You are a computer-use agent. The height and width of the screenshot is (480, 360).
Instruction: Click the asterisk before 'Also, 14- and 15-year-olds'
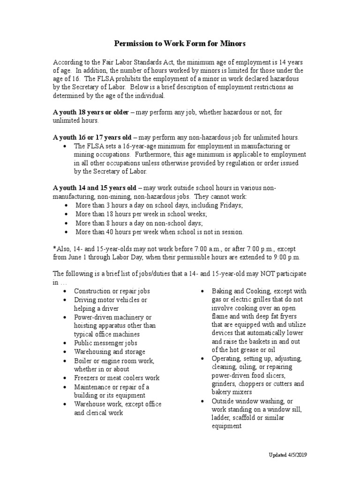pos(54,248)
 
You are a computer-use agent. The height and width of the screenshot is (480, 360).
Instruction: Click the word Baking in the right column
pos(222,291)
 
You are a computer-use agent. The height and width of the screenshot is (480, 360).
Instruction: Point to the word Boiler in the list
pos(83,360)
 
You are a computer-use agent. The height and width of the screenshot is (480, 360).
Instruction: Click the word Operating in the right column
pos(227,359)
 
